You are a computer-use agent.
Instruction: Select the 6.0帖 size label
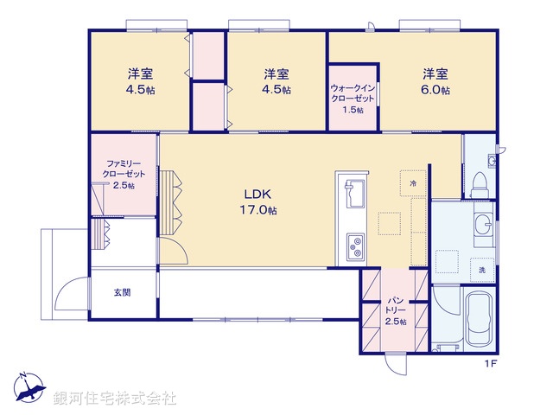435,89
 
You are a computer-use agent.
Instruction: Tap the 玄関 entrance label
122,292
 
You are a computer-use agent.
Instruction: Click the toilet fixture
480,178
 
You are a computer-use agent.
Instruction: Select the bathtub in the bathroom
477,318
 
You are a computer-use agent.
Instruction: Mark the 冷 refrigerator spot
413,183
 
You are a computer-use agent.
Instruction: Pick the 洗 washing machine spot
482,270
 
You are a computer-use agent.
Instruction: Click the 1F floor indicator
490,364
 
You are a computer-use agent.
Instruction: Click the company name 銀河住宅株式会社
115,399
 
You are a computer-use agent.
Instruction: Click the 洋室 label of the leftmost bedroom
140,73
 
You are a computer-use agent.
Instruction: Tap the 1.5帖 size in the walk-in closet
353,110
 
